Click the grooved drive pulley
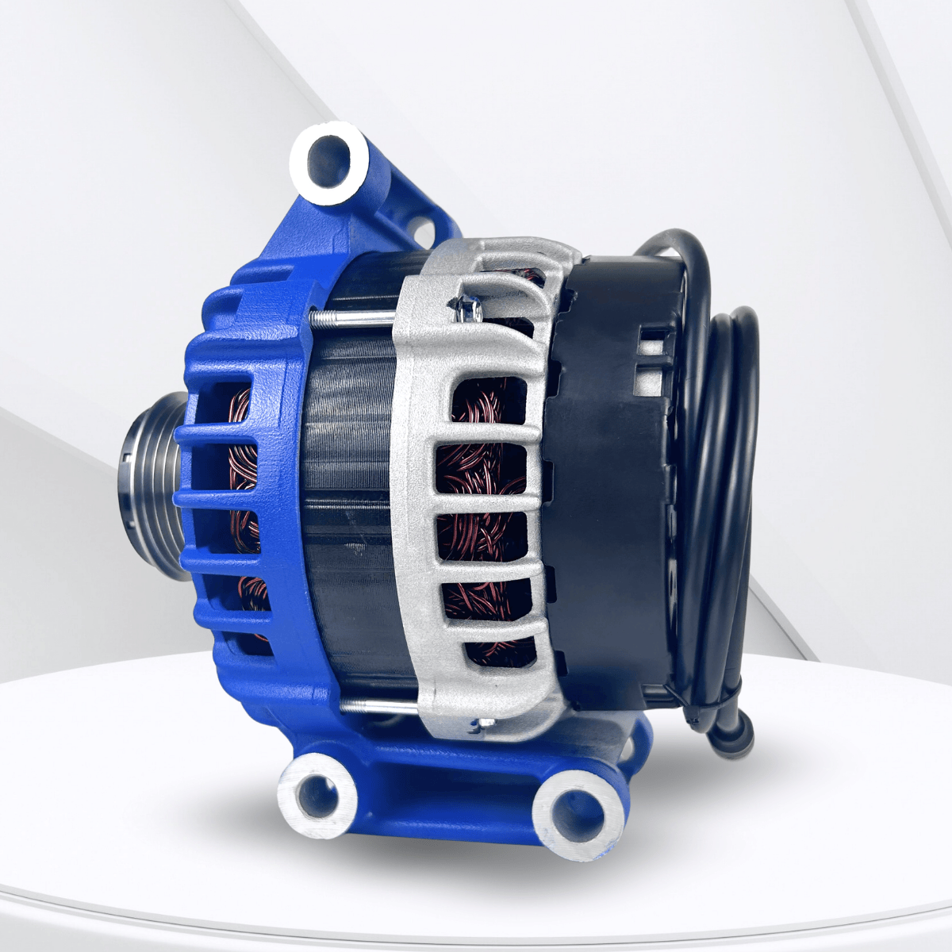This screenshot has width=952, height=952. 151,484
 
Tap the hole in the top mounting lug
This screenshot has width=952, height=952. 328,159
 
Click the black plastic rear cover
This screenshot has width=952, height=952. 611,476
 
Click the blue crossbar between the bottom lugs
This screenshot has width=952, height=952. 444,781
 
